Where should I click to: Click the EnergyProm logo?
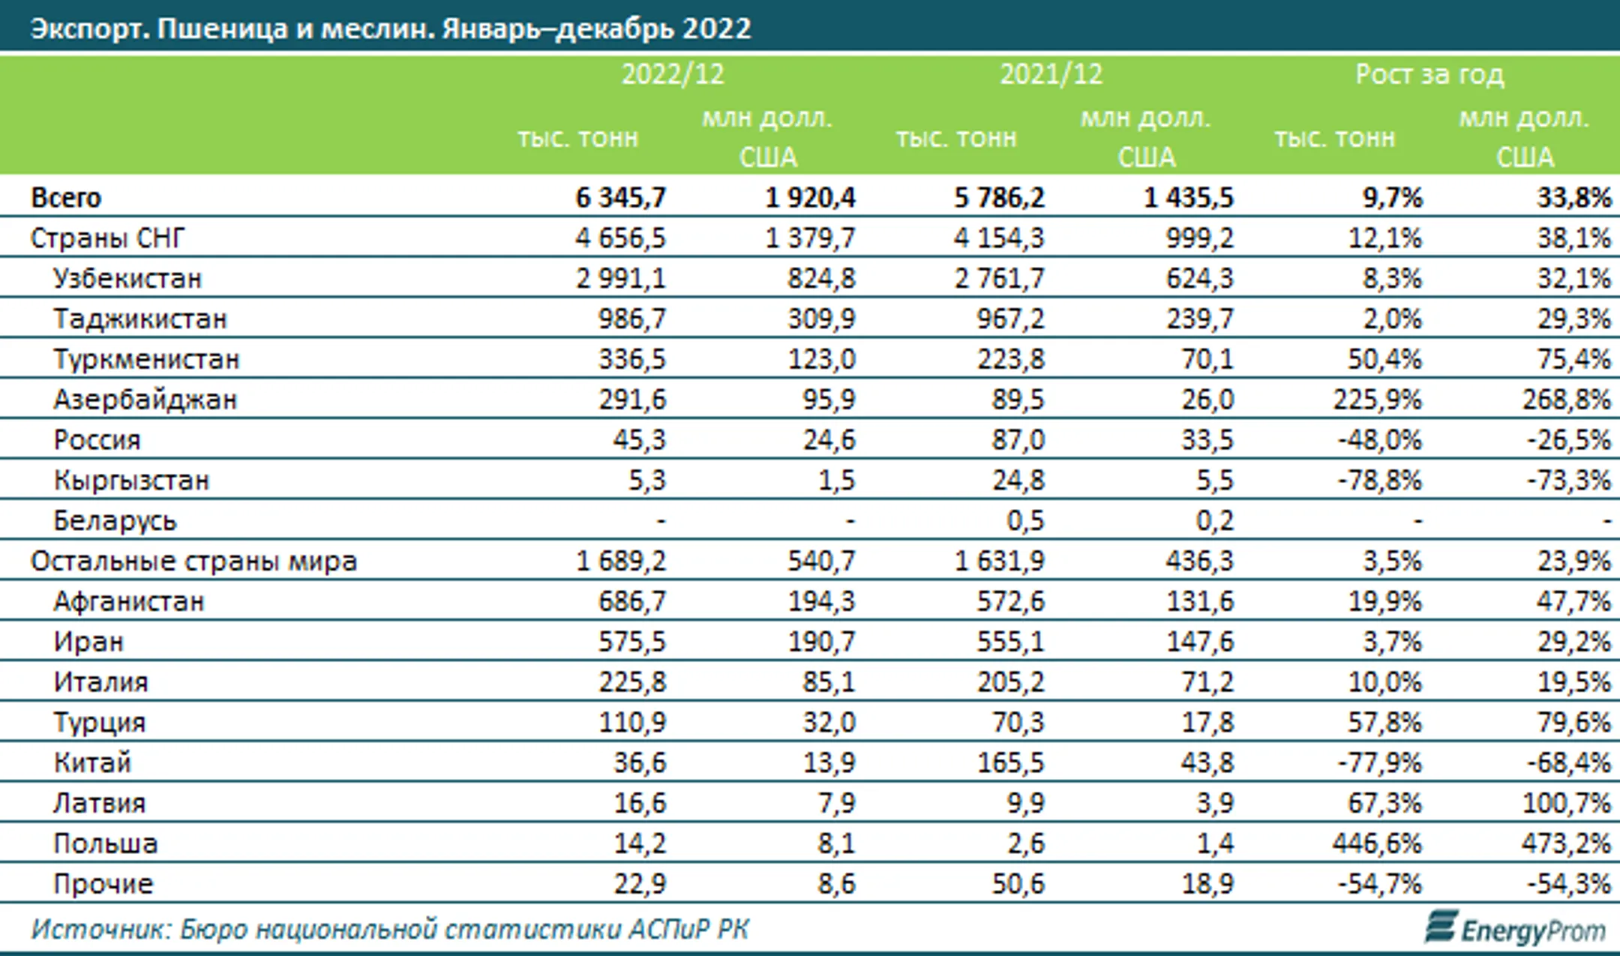[1514, 929]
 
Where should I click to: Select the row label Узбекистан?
[127, 278]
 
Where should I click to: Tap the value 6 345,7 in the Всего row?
[620, 197]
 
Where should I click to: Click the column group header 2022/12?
[673, 74]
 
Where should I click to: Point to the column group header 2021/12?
[1051, 74]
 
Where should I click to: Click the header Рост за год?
[1429, 74]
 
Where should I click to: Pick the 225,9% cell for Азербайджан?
[1377, 400]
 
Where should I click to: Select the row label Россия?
[97, 440]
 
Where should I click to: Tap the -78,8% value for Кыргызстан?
[1379, 480]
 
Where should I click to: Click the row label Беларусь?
[115, 520]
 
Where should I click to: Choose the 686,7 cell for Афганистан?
[631, 601]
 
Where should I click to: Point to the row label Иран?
[88, 642]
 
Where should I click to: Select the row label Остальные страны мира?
[193, 561]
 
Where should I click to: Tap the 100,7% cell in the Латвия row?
[1566, 803]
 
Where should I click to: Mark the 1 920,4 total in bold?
[809, 197]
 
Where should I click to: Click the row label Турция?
[99, 723]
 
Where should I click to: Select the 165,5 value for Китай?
[1010, 763]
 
